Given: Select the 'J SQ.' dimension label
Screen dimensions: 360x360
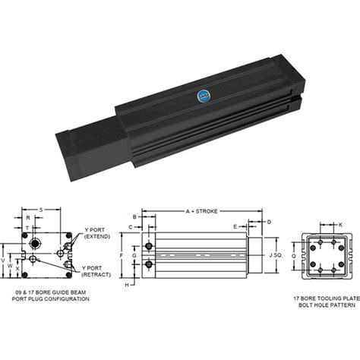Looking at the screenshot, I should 277,256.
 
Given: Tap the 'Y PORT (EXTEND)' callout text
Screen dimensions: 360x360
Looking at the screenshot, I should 97,233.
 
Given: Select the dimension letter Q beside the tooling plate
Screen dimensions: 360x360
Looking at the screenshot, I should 294,256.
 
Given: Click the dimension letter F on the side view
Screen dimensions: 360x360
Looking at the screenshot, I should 122,256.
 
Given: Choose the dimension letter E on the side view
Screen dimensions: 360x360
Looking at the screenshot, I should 235,226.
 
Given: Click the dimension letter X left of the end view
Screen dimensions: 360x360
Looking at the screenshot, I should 20,268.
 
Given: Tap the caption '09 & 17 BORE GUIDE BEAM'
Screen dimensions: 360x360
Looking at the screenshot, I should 47,292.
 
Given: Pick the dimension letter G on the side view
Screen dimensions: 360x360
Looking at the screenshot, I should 134,256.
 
